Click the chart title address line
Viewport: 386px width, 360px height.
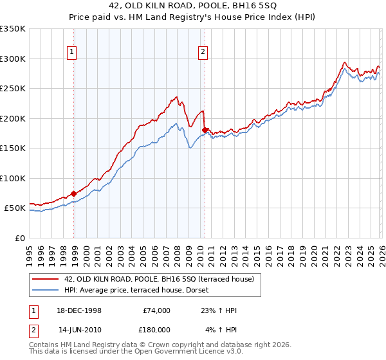[193, 7]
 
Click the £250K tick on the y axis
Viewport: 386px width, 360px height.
[13, 89]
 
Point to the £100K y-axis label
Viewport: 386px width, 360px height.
[13, 178]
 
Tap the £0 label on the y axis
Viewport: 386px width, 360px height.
[19, 238]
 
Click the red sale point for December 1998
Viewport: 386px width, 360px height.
[74, 194]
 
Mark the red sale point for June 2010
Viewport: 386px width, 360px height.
[205, 130]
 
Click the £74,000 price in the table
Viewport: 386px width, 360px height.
[156, 310]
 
